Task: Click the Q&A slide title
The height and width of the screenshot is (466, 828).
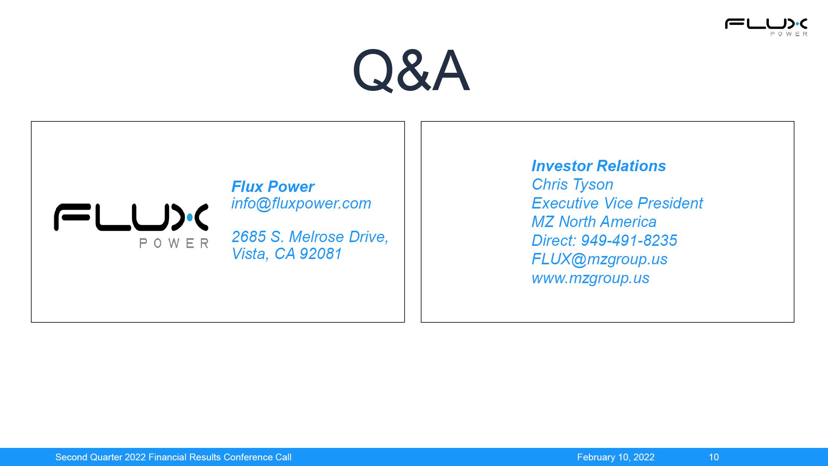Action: tap(411, 71)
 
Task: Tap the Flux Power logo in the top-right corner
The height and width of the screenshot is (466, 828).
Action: tap(766, 27)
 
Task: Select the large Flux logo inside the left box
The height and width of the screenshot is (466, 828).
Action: tap(131, 225)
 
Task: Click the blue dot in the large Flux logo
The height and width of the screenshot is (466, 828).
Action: tap(190, 217)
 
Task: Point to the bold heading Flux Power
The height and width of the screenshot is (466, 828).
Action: tap(273, 186)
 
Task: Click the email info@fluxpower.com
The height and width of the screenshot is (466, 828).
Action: tap(301, 204)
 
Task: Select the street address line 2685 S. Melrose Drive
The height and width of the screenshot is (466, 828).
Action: tap(310, 237)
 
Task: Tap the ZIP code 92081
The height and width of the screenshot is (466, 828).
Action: tap(321, 254)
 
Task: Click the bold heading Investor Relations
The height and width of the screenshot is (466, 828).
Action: tap(599, 166)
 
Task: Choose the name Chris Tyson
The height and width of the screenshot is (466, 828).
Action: tap(572, 184)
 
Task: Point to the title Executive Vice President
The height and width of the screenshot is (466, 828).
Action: tap(617, 203)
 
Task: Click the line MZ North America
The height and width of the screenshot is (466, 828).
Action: tap(594, 222)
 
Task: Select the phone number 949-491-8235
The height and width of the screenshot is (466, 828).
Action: tap(629, 241)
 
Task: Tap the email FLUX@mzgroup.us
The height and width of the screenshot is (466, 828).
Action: tap(599, 259)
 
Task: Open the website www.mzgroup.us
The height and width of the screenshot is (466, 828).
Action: tap(590, 278)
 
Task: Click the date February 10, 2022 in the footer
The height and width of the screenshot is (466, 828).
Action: tap(616, 457)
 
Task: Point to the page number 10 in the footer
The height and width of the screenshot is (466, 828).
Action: tap(713, 457)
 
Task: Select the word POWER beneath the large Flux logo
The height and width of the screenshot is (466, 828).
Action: tap(174, 243)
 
